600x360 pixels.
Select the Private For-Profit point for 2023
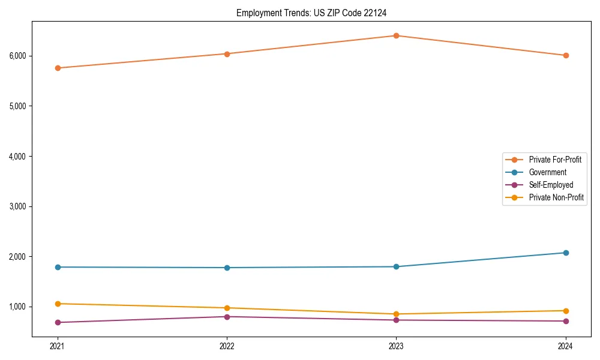(396, 35)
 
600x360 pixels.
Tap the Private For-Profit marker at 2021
(58, 68)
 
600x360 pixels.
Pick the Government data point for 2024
(565, 253)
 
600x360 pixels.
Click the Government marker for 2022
(227, 268)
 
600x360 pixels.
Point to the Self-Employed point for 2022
(227, 317)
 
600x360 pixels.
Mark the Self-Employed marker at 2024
(565, 321)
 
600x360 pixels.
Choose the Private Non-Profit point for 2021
(58, 304)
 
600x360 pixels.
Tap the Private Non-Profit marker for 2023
(396, 314)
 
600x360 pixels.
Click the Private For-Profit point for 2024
(565, 55)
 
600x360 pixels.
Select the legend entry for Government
(547, 172)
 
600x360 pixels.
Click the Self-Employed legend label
(551, 185)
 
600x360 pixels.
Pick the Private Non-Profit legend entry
(556, 197)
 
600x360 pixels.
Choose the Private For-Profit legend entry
(555, 160)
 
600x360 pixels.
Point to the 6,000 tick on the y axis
(17, 56)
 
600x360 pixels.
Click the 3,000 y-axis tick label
(17, 206)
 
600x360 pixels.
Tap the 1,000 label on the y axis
(17, 307)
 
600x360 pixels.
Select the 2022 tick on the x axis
(227, 346)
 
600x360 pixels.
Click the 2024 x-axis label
(565, 346)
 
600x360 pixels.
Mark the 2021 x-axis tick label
(58, 346)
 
